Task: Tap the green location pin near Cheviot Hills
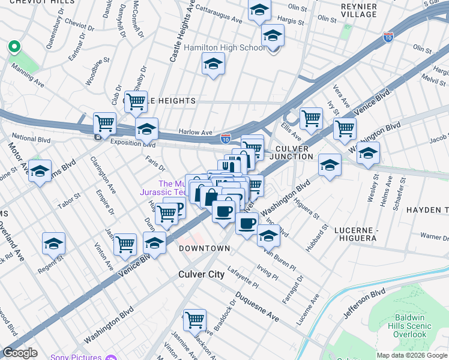(13, 47)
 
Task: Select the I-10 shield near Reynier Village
(388, 37)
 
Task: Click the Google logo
(20, 353)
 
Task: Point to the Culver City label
(202, 274)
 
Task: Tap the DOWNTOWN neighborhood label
(203, 248)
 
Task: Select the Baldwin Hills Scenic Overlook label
(413, 326)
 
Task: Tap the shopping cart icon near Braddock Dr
(194, 320)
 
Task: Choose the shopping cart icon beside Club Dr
(136, 101)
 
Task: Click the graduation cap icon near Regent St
(53, 244)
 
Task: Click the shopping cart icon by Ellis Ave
(311, 118)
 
